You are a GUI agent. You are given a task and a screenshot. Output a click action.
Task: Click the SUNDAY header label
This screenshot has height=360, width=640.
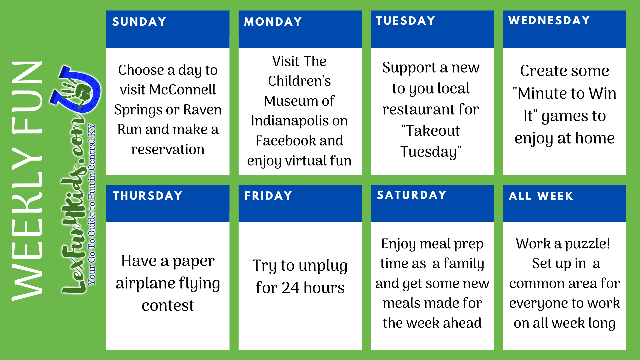tap(139, 22)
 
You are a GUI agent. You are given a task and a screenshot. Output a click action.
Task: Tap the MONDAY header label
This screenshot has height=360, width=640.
tap(273, 22)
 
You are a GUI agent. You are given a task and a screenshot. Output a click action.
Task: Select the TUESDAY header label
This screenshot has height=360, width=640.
tap(405, 21)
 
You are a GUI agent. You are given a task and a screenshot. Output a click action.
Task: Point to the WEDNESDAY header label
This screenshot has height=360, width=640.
tap(549, 20)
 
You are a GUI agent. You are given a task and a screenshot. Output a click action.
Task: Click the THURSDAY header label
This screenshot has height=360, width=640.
tap(147, 196)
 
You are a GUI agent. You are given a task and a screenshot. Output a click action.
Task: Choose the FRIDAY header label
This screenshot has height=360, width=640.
tap(268, 196)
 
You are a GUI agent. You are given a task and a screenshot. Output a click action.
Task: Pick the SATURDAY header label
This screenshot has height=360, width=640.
tap(412, 195)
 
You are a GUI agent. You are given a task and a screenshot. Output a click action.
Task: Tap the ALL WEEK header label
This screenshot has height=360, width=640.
tap(541, 196)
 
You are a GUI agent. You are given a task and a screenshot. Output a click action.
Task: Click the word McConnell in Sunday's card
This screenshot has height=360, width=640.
tap(183, 90)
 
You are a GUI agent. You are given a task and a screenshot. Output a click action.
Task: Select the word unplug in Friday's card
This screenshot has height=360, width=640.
tap(323, 266)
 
